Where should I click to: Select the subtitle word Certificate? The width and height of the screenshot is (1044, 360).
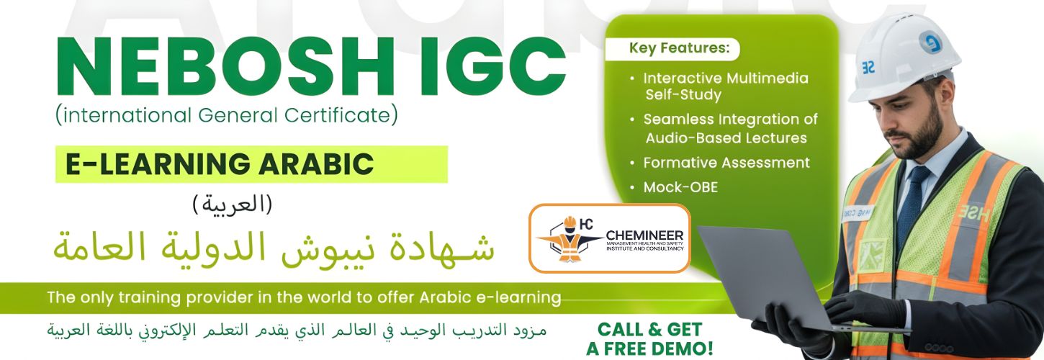coord(346,114)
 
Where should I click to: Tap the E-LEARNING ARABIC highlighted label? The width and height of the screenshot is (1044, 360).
coord(220,164)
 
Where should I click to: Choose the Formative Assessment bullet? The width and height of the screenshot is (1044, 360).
coord(726,163)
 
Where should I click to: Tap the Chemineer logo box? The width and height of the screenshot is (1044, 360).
coord(609,238)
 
